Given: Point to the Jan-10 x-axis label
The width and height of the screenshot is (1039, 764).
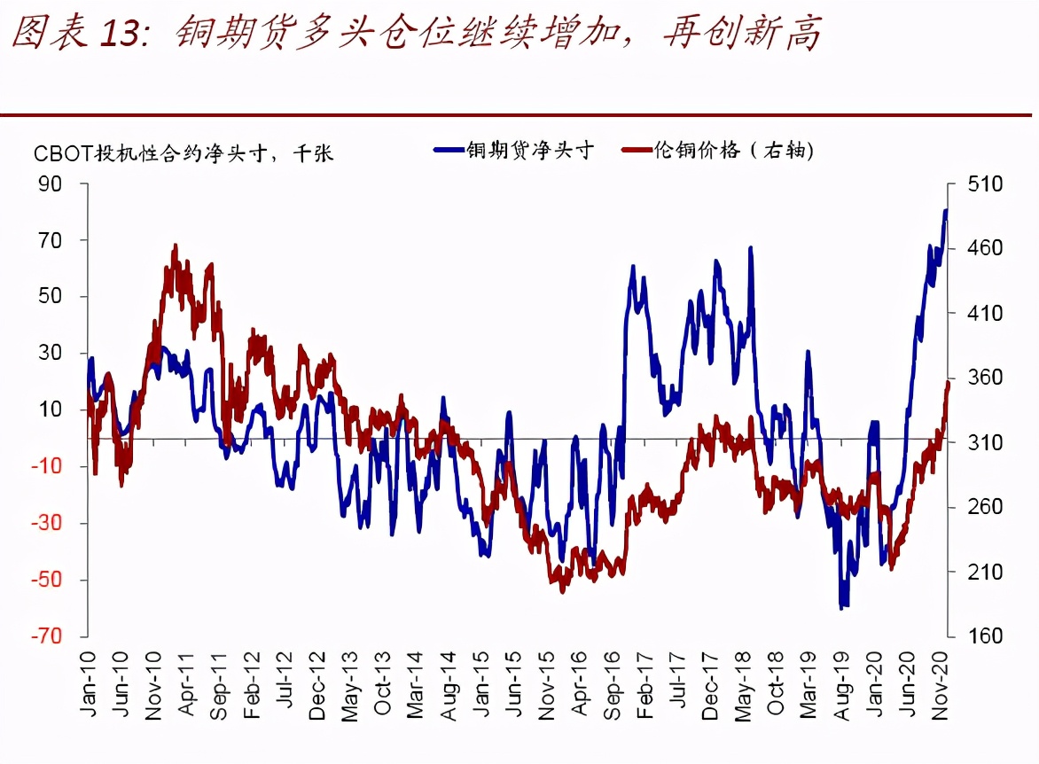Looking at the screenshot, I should pos(89,677).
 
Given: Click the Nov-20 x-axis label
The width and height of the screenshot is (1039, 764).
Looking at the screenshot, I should pos(942,677).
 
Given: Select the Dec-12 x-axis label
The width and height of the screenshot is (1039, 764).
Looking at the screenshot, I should pos(316,677).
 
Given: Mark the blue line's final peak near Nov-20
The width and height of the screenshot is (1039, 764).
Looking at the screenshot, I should pos(945,210).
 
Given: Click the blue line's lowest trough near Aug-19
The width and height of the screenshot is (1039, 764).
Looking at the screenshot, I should pos(841,608).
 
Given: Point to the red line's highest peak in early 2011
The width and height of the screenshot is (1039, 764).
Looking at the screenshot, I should pos(175,246).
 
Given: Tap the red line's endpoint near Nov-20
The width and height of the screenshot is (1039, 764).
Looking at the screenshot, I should pos(948,384).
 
